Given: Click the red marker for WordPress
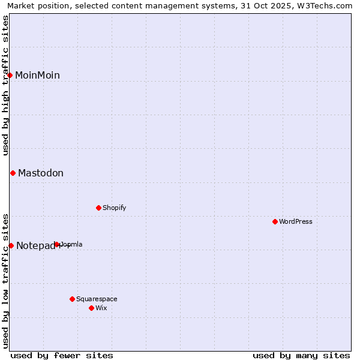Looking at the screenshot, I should coord(275,221).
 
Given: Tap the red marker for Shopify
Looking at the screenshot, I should coord(98,208).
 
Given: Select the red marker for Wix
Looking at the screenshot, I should coord(91,308).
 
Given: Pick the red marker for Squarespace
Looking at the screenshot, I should coord(72,299).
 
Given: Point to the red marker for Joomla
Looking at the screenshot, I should coord(57,244).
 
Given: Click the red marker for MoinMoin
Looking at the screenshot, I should coord(10,75).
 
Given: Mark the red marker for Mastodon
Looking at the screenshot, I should coord(13,173).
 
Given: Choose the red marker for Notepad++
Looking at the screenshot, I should coord(11,245).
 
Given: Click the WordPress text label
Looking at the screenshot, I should coord(296,221).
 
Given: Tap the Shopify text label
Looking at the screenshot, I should coord(114,208).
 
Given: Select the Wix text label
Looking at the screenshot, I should coord(101,308).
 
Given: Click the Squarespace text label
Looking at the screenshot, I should coord(97,299).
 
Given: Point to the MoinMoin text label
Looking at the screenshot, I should coord(37,75).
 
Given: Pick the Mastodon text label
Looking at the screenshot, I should coord(41,173).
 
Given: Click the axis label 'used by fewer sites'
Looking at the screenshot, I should coord(62,355).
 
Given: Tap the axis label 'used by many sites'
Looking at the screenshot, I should coord(301,355).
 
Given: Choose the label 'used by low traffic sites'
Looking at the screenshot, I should coord(5,280).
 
